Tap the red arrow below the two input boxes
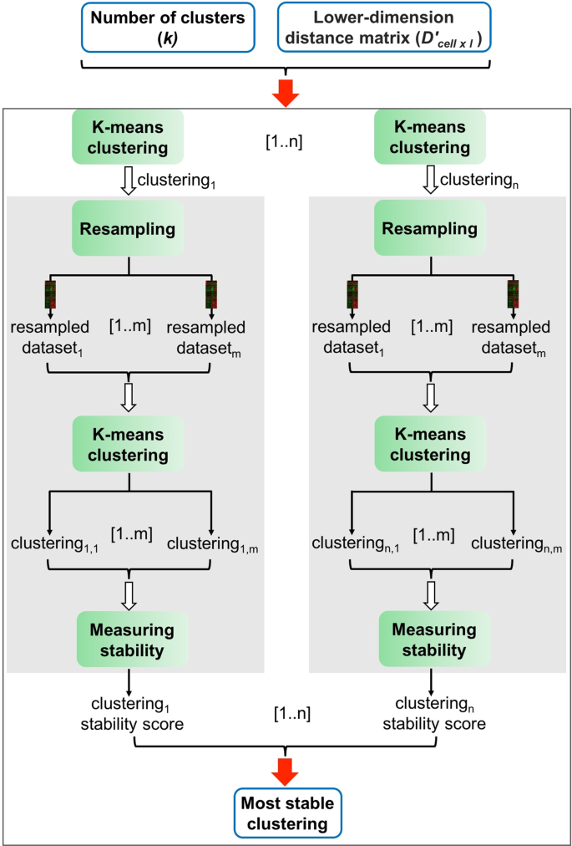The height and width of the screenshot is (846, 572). pos(286,94)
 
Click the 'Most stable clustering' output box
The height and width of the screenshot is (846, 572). pos(286,813)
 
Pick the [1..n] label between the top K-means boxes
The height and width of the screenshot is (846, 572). pos(282,141)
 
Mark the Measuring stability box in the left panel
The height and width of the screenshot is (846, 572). pos(128,637)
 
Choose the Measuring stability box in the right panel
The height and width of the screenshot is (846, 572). pos(430,637)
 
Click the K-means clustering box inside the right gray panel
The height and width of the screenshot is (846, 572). pos(430,446)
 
